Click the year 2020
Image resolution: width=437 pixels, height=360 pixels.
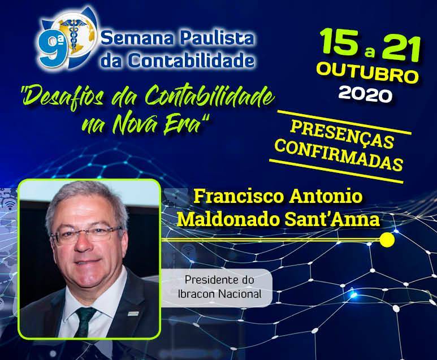pyautogui.click(x=365, y=94)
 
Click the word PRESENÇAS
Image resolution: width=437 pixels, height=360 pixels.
pyautogui.click(x=342, y=135)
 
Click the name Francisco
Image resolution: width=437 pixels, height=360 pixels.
pyautogui.click(x=239, y=197)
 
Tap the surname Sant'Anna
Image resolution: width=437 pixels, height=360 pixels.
pyautogui.click(x=332, y=219)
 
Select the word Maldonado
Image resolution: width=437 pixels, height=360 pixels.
pyautogui.click(x=228, y=219)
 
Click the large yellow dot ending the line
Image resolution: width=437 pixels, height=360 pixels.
pyautogui.click(x=387, y=240)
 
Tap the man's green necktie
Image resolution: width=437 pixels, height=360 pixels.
pyautogui.click(x=84, y=322)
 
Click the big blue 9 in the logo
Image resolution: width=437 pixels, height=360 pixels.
pyautogui.click(x=49, y=49)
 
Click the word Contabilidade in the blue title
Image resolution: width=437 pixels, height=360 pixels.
pyautogui.click(x=192, y=60)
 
